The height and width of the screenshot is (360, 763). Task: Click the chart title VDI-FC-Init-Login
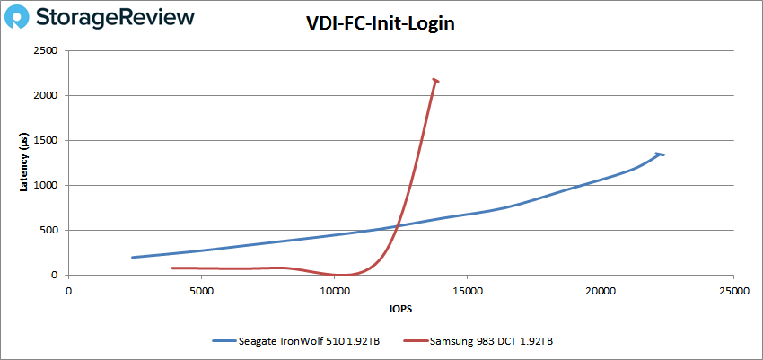(x=381, y=25)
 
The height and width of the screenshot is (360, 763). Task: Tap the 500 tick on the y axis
(x=50, y=231)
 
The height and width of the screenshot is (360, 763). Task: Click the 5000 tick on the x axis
(x=201, y=291)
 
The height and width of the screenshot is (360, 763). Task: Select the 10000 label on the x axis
(x=334, y=291)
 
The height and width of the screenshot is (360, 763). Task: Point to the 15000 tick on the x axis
(x=467, y=291)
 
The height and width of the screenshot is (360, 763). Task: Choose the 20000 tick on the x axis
(x=600, y=291)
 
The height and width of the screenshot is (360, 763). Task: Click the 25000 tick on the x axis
(x=733, y=291)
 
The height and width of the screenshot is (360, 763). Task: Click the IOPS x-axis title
(x=400, y=308)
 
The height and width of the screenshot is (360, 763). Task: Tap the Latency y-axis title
(x=26, y=162)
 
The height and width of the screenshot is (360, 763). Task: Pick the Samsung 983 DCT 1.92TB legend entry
(x=491, y=341)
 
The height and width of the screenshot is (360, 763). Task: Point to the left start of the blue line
(x=133, y=258)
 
